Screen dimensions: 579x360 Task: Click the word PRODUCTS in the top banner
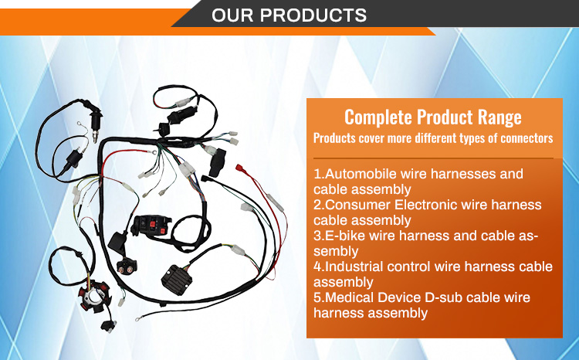click(x=313, y=15)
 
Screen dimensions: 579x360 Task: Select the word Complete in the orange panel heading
click(x=378, y=117)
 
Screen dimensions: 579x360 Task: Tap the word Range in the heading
click(x=499, y=117)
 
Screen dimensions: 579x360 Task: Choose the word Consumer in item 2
click(x=357, y=205)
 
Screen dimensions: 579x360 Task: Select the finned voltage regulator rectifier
click(x=177, y=280)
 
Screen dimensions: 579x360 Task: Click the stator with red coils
click(x=93, y=297)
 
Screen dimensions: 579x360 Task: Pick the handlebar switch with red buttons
click(x=151, y=226)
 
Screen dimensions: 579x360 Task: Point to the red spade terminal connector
click(x=241, y=168)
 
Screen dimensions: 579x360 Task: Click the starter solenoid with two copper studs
click(x=127, y=266)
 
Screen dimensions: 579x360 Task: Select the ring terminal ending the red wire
click(x=153, y=151)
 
